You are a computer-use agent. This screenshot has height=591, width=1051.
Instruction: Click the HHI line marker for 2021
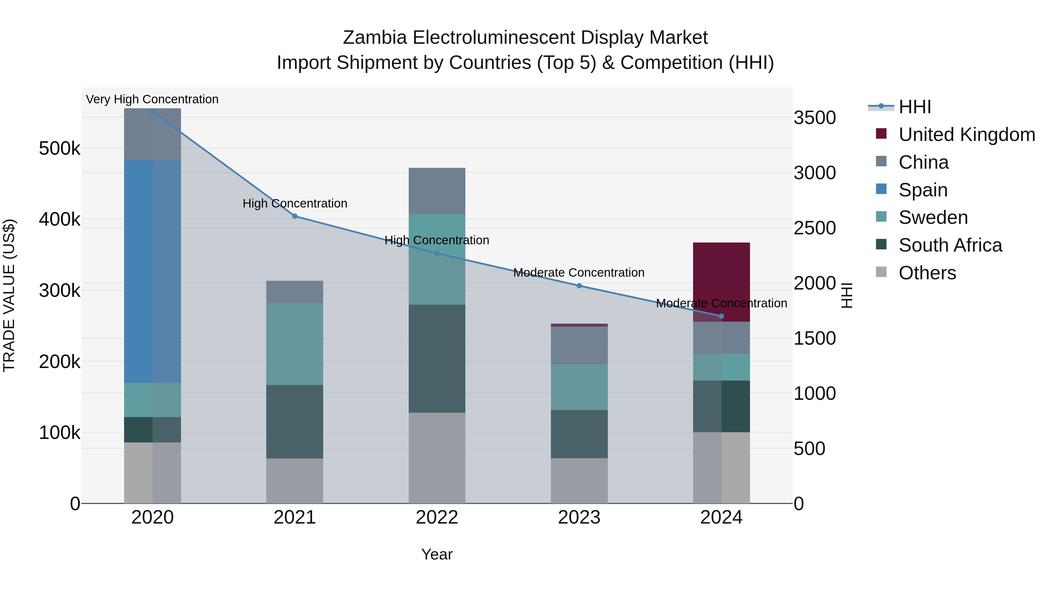tap(295, 216)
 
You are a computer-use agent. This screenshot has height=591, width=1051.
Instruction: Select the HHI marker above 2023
tap(579, 286)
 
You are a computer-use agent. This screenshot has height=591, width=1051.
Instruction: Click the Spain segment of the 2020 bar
tap(152, 271)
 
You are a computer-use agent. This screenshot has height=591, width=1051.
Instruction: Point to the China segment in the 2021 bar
tap(295, 292)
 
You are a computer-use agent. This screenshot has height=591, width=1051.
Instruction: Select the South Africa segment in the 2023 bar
tap(579, 434)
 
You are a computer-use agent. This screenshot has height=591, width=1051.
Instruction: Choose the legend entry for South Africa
tap(950, 245)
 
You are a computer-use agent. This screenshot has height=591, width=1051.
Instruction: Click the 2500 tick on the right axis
tap(814, 228)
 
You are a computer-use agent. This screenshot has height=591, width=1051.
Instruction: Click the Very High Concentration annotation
tap(152, 99)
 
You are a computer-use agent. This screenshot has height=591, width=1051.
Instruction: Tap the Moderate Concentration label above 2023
tap(579, 273)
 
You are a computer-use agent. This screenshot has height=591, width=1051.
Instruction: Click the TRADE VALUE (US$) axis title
tap(9, 295)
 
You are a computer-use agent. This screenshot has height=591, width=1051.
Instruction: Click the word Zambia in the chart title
tap(375, 38)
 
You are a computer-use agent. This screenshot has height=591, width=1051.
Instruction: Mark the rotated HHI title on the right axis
tap(847, 295)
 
